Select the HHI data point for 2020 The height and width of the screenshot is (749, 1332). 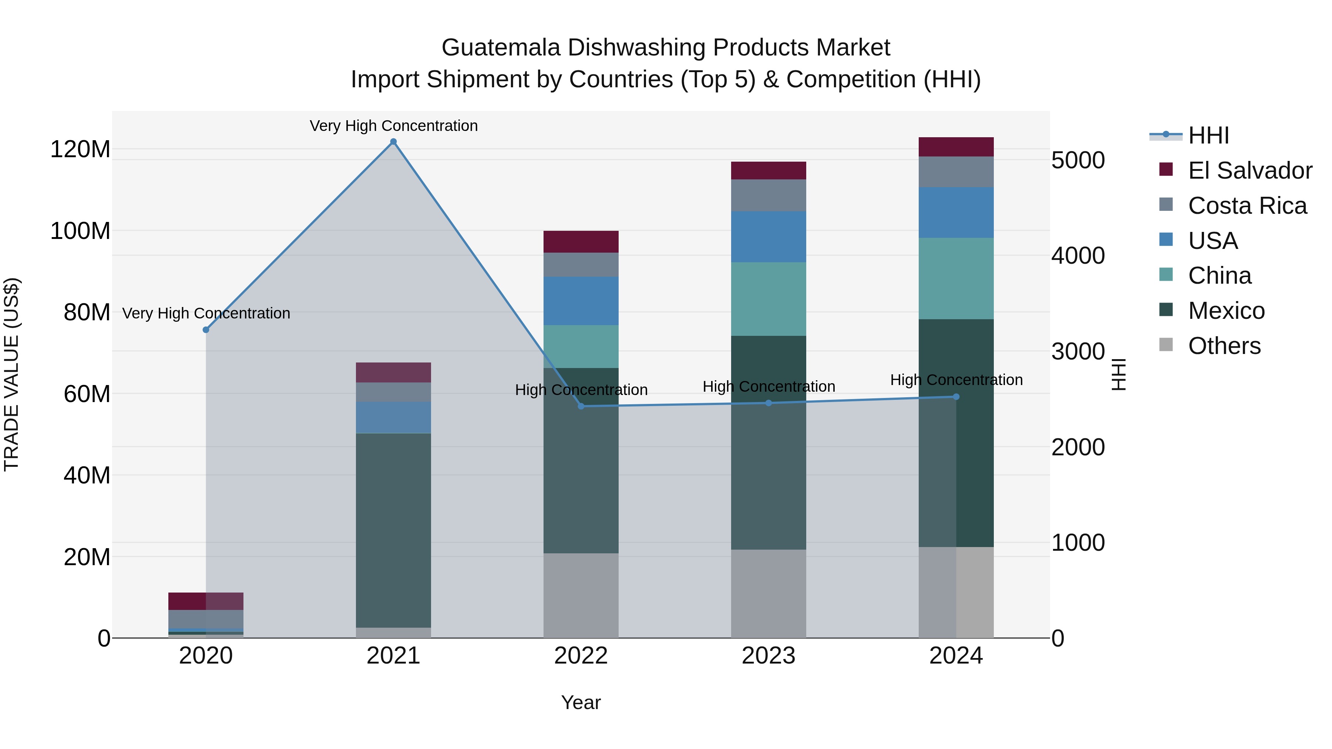coord(206,330)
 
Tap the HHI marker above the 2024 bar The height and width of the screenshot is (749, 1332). coord(956,397)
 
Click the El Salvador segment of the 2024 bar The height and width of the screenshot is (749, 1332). coord(956,147)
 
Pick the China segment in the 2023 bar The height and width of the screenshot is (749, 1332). coord(768,299)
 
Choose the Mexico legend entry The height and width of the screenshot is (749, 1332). coord(1226,311)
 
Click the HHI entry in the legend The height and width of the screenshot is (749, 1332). coord(1208,135)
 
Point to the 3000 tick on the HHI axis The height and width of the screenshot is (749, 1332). coord(1078,351)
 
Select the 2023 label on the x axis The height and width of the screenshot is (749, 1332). coord(768,656)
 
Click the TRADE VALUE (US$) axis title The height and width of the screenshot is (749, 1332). coord(11,374)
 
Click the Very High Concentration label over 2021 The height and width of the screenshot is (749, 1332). coord(394,126)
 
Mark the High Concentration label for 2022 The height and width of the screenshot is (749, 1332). coord(581,390)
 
